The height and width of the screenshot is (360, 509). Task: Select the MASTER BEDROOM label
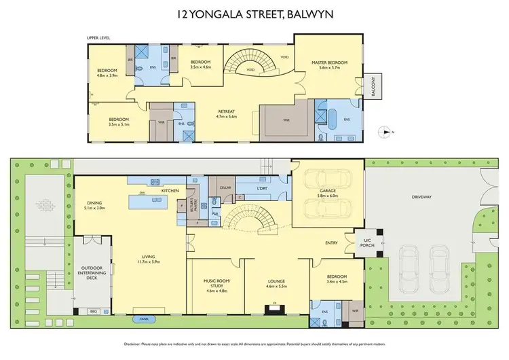(x=329, y=63)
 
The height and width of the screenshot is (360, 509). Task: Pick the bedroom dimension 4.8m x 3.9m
(x=107, y=76)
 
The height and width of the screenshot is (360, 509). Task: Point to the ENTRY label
(x=331, y=242)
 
